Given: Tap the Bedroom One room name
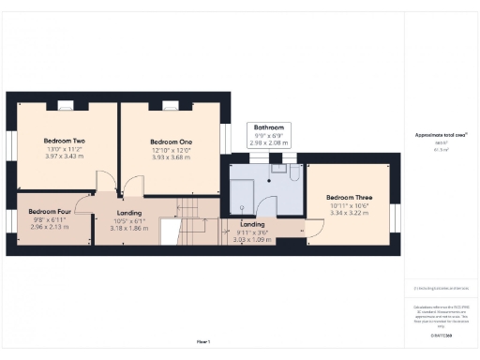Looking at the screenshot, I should [171, 141].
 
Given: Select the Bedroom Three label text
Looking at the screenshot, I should [348, 198].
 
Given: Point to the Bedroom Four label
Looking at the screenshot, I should [49, 211].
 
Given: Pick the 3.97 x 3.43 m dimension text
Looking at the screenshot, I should [66, 157].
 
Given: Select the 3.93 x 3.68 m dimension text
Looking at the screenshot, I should [171, 157].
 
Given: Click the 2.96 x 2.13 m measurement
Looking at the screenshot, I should [49, 227].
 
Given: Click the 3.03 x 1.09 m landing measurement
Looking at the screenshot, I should [252, 240].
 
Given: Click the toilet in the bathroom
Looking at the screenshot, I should [293, 172].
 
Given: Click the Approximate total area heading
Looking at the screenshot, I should [441, 135].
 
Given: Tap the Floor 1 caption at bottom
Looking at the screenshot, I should [202, 341].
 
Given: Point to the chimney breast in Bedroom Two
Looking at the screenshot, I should [65, 106].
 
